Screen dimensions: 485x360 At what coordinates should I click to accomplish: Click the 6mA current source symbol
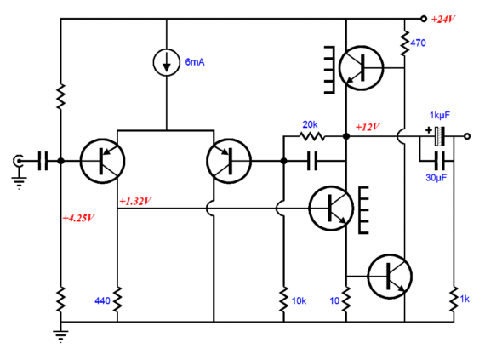(x=167, y=62)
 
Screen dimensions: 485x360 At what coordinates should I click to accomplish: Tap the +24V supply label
(x=443, y=20)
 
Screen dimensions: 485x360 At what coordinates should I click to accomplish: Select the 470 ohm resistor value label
(x=418, y=43)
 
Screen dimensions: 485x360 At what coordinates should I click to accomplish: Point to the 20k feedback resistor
(x=311, y=136)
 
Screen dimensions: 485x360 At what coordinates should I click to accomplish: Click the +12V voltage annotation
(x=368, y=127)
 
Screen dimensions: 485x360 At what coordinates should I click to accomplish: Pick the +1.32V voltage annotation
(x=135, y=202)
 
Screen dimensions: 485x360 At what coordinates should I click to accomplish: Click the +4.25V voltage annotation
(x=78, y=218)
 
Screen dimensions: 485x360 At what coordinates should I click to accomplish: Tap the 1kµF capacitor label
(x=440, y=116)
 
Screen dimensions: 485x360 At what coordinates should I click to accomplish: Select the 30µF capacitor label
(x=436, y=178)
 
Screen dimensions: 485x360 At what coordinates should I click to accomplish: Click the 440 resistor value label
(x=102, y=300)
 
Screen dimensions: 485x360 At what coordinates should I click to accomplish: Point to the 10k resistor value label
(x=299, y=300)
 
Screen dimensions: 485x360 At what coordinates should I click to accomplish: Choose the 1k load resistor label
(x=465, y=299)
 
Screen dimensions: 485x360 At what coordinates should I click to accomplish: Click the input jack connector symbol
(x=19, y=161)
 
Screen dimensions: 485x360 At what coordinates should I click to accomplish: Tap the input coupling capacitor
(x=43, y=161)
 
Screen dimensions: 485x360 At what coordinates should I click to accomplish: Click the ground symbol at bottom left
(x=60, y=336)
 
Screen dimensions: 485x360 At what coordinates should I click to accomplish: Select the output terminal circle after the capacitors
(x=467, y=136)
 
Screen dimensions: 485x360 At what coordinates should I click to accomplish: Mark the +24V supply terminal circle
(x=424, y=19)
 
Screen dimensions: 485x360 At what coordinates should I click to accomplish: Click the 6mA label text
(x=195, y=62)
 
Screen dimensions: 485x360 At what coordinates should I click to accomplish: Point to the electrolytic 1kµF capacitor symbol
(x=439, y=136)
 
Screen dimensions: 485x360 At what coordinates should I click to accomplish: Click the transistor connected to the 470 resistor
(x=361, y=68)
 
